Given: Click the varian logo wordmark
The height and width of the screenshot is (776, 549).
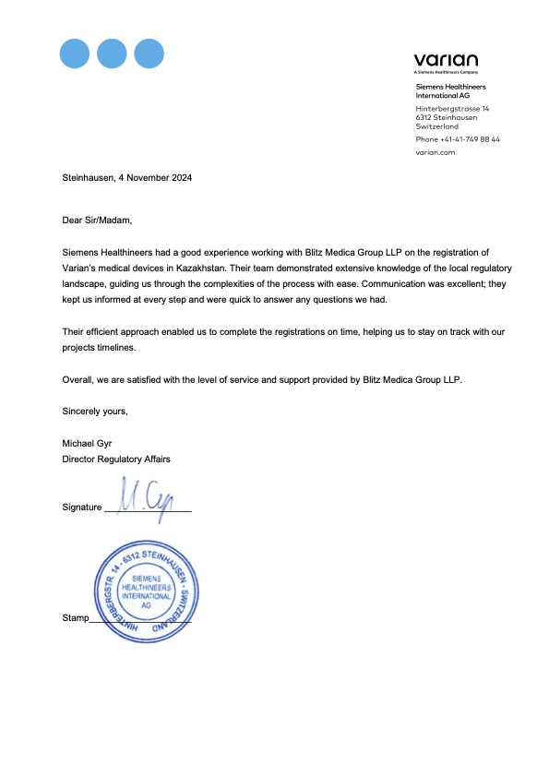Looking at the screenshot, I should click(446, 60).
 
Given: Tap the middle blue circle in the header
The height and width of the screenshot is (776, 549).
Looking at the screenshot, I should click(111, 53).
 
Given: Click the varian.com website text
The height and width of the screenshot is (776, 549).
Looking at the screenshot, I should click(436, 153).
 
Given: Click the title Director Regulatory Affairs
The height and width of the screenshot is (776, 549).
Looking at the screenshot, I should click(116, 459).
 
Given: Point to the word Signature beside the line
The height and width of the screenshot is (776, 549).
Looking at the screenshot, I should click(81, 507).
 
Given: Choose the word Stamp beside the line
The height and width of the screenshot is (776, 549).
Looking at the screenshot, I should click(75, 617).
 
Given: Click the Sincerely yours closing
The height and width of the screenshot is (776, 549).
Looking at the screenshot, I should click(95, 411).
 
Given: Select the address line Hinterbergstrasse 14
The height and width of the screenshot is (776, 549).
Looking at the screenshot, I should click(452, 109).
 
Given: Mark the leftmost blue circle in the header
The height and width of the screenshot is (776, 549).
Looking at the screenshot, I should click(74, 53).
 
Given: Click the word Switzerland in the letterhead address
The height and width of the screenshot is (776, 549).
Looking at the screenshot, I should click(436, 125).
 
